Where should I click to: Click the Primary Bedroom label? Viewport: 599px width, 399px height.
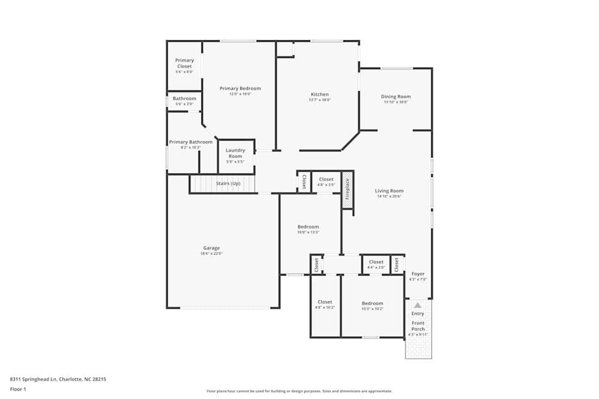(x=240, y=89)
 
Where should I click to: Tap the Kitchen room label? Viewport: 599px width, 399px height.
(x=319, y=95)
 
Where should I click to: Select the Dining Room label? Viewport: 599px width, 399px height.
(x=396, y=96)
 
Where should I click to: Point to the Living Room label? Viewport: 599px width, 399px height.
(x=389, y=191)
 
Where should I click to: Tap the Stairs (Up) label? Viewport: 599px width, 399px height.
(x=228, y=183)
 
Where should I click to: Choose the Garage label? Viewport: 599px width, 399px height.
(x=211, y=248)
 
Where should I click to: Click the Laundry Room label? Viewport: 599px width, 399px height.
(x=235, y=153)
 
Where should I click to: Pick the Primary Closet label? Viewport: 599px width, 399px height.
(x=184, y=63)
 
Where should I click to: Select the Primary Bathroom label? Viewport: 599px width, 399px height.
(x=190, y=142)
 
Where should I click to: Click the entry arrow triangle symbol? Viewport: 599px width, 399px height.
(x=418, y=305)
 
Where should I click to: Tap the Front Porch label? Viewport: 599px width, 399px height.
(x=418, y=326)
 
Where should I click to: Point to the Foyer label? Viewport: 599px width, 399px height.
(x=418, y=274)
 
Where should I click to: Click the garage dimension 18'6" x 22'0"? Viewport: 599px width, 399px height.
(x=211, y=254)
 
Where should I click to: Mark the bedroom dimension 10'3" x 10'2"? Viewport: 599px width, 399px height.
(x=373, y=309)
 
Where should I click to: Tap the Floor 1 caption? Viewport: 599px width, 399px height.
(x=18, y=389)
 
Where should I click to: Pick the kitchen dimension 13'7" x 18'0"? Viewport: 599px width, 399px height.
(x=319, y=100)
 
